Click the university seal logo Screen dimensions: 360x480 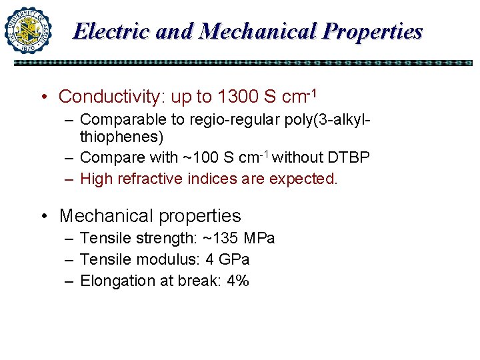(x=28, y=30)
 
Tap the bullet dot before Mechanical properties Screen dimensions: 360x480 (x=44, y=216)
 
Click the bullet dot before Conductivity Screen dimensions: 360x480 (x=44, y=97)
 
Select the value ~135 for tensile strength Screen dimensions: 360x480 (x=221, y=239)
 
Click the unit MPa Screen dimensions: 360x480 (x=259, y=239)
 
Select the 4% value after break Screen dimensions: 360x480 (x=238, y=281)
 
